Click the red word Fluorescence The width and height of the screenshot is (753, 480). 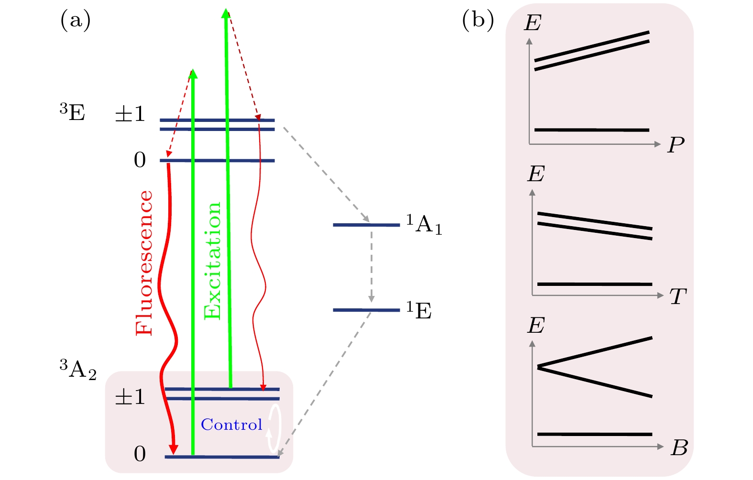[144, 263]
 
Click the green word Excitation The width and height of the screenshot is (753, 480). [212, 261]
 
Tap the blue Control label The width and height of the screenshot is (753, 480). [231, 425]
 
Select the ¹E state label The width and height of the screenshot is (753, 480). [419, 310]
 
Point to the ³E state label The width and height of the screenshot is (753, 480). [72, 113]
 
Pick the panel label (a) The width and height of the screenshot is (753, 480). [76, 21]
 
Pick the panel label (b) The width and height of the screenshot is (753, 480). [478, 21]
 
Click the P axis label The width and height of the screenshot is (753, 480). [676, 144]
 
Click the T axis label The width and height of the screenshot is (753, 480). [678, 296]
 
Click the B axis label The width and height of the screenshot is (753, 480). [679, 448]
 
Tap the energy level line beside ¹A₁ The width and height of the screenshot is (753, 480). [366, 225]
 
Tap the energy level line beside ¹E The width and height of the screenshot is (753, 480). [366, 310]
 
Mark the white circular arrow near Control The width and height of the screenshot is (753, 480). [274, 428]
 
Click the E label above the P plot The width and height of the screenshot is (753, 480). [533, 22]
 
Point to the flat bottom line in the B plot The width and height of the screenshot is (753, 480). [595, 434]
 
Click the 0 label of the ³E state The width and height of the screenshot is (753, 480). [140, 160]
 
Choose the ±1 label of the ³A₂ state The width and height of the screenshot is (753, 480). [130, 397]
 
